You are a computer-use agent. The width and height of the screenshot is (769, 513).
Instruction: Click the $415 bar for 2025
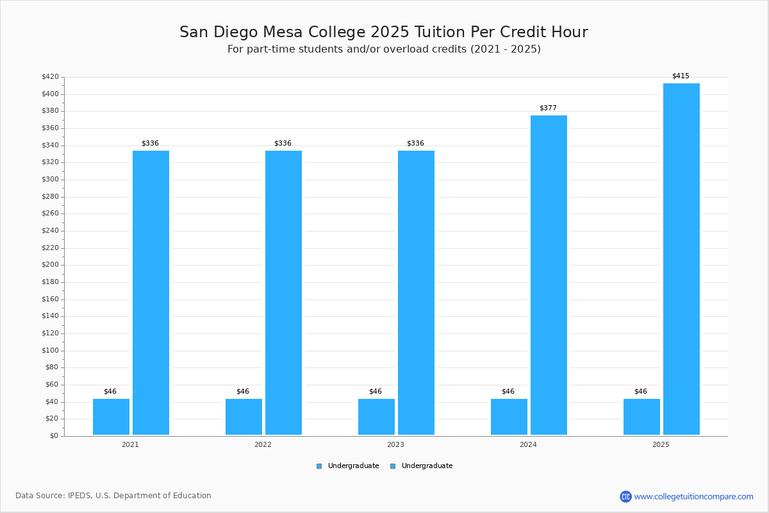click(681, 259)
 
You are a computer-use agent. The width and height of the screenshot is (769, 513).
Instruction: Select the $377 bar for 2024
click(549, 275)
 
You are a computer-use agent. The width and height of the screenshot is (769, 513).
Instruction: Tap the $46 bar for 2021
click(111, 417)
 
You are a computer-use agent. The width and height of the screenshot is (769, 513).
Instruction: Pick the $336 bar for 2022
click(283, 292)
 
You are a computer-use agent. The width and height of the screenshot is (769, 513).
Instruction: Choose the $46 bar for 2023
click(376, 417)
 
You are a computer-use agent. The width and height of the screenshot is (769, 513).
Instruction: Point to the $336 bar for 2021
click(151, 292)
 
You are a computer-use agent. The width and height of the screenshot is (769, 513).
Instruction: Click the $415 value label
click(681, 76)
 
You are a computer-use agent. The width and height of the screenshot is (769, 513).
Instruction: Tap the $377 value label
click(548, 108)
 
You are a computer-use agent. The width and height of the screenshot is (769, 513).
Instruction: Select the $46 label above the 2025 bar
click(640, 392)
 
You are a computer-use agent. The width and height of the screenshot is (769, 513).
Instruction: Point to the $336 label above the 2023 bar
click(415, 144)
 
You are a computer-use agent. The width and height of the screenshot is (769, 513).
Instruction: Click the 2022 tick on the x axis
click(263, 444)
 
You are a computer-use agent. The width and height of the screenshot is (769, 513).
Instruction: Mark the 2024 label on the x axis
click(528, 444)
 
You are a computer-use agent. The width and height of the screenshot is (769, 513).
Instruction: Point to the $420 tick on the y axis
click(50, 77)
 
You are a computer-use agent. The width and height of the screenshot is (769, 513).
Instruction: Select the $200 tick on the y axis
click(50, 265)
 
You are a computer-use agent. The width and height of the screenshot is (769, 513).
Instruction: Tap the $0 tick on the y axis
click(54, 436)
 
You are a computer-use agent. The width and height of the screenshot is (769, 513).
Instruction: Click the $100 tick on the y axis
click(50, 351)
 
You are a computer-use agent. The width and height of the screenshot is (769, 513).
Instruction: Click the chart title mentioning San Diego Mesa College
click(384, 32)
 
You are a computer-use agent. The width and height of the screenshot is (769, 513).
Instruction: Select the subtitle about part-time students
click(384, 49)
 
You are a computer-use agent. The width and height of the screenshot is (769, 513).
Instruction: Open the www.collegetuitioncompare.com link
click(693, 496)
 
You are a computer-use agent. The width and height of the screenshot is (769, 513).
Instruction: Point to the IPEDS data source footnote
click(113, 496)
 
